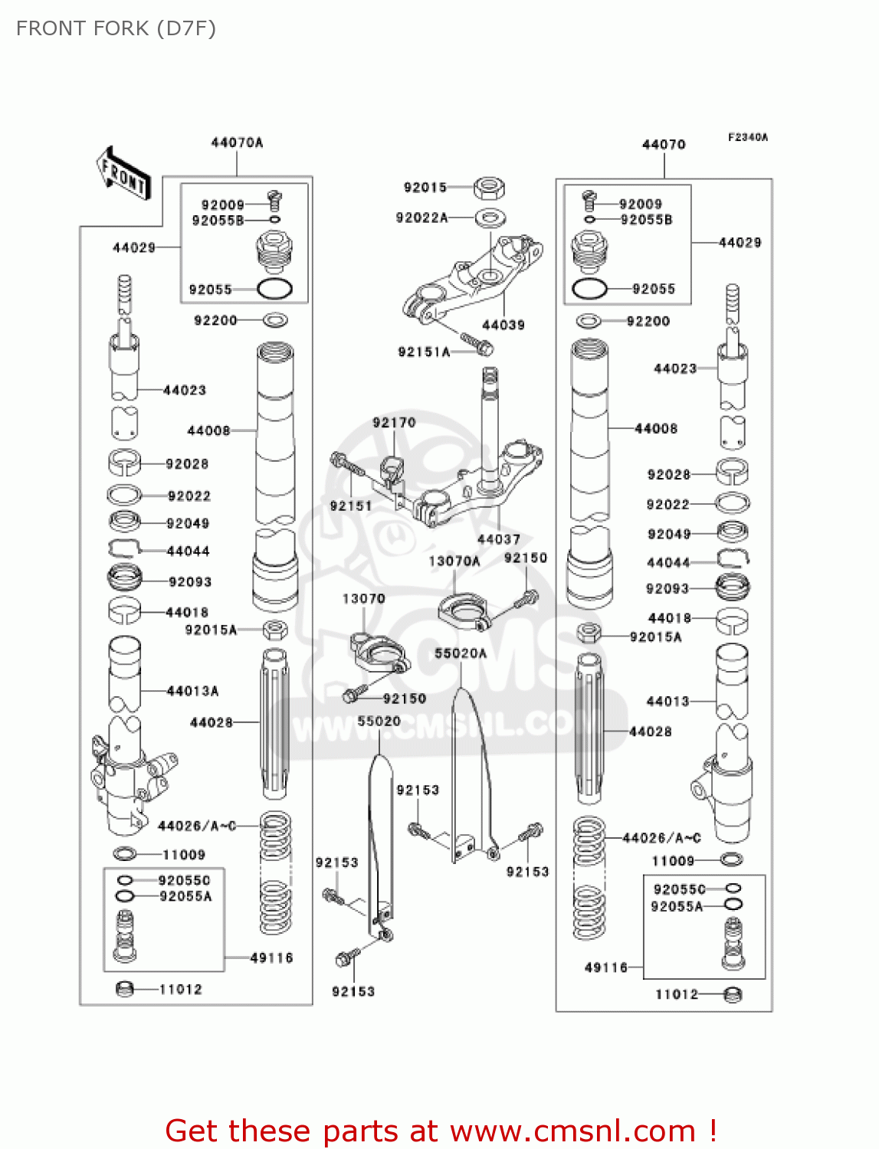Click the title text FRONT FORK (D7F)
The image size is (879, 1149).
[x=116, y=28]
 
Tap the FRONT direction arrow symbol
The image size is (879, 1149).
[x=123, y=174]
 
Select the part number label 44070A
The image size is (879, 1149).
[x=237, y=142]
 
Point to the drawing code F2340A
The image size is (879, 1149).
[x=747, y=137]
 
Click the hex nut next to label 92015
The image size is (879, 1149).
[x=488, y=187]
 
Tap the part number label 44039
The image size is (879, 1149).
[x=503, y=325]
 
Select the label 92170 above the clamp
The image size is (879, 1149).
[x=394, y=423]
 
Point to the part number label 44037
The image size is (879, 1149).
[x=498, y=539]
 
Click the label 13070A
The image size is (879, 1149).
[x=454, y=561]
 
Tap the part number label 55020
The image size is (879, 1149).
[x=379, y=722]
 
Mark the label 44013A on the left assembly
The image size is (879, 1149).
[x=192, y=691]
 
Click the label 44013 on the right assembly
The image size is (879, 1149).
[x=667, y=701]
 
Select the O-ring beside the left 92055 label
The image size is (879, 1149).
[x=274, y=290]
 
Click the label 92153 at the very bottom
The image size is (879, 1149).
[x=353, y=991]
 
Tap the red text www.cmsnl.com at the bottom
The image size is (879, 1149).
[x=572, y=1131]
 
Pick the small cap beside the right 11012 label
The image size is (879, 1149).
[x=733, y=994]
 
